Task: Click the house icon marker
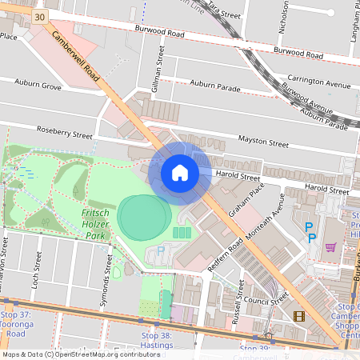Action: point(180,173)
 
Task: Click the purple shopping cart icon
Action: point(330,247)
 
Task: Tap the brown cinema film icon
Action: point(298,316)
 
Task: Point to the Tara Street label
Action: point(224,10)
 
